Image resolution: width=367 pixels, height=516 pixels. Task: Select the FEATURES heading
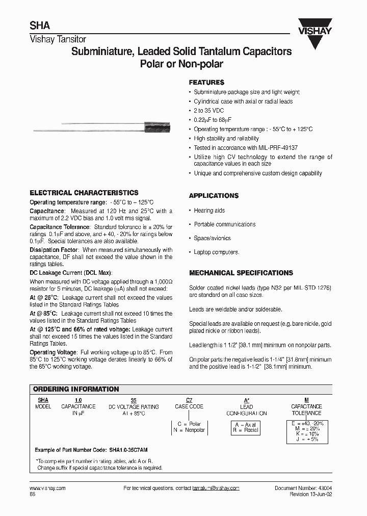(206, 82)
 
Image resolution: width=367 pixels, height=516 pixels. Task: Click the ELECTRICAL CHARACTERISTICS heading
(84, 193)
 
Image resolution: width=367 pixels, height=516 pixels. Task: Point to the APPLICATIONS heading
(214, 196)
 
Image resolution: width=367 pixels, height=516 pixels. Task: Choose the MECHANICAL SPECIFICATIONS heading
(241, 273)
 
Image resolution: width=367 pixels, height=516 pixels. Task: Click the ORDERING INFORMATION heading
(76, 389)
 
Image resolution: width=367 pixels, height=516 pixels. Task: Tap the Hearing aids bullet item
(209, 210)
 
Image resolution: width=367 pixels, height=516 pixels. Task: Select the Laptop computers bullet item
(216, 252)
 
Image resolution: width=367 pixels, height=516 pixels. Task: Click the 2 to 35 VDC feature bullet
(208, 111)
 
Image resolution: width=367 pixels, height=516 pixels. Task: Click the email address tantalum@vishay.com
(216, 488)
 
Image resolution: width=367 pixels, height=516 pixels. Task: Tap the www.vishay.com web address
(45, 488)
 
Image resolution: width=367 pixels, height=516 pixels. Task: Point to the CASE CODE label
(189, 406)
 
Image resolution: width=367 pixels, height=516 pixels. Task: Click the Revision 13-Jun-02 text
(310, 494)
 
